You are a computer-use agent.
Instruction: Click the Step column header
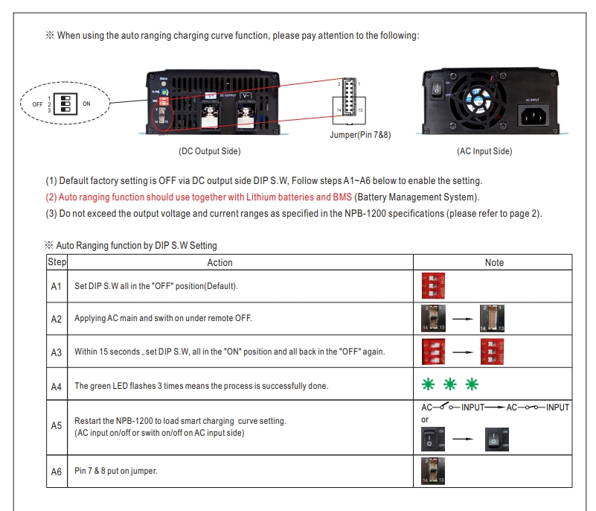57,262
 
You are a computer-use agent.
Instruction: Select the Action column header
220,262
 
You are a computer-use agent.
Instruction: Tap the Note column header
494,262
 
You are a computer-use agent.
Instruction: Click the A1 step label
57,286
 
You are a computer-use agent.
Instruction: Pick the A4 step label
57,386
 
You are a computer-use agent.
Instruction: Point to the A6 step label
57,472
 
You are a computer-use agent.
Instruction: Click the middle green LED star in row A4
450,385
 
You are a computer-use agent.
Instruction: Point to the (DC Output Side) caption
209,151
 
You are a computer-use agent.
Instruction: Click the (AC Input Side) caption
484,151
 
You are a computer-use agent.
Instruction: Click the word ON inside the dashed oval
86,104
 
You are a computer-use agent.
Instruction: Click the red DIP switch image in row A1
434,286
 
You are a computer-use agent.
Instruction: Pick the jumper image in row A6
434,472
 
